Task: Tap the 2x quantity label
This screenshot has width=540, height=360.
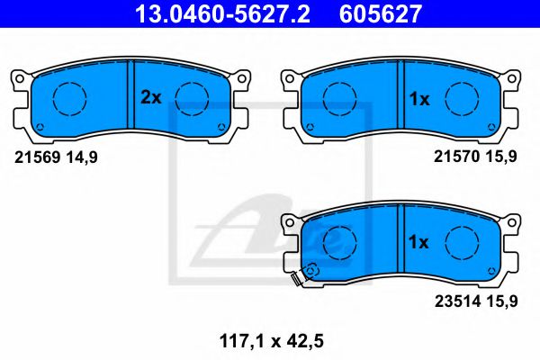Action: point(150,98)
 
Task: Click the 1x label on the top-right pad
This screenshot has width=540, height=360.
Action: point(420,98)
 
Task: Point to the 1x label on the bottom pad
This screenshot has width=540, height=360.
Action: point(420,242)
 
